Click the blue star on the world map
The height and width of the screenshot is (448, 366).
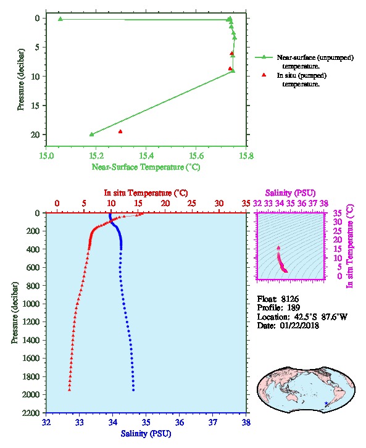click(x=326, y=403)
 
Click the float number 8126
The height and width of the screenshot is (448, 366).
click(x=289, y=299)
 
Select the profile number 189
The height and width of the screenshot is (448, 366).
click(x=293, y=308)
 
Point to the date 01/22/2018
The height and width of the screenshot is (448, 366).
click(x=299, y=325)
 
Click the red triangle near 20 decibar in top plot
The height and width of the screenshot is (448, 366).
click(x=120, y=131)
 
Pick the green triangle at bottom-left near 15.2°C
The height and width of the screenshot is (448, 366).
click(x=91, y=135)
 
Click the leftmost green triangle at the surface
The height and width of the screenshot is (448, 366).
click(x=60, y=19)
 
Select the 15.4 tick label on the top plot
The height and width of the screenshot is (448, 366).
click(x=146, y=156)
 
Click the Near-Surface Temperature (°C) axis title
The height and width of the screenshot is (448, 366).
click(x=146, y=167)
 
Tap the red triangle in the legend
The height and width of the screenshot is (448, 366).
click(x=264, y=75)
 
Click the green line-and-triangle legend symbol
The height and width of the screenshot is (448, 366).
click(x=264, y=57)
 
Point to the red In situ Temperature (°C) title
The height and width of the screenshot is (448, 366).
click(x=146, y=193)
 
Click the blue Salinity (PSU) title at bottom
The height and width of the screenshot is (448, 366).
click(x=146, y=434)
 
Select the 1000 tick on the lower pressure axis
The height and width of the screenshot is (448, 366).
click(x=33, y=304)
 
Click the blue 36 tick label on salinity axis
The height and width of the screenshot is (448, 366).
click(x=180, y=422)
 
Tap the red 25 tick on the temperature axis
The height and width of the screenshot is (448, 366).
click(x=192, y=204)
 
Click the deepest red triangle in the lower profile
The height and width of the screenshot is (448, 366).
click(x=69, y=389)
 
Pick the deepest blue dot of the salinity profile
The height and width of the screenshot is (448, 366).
click(x=133, y=390)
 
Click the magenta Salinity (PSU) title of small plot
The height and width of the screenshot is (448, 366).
click(x=290, y=193)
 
